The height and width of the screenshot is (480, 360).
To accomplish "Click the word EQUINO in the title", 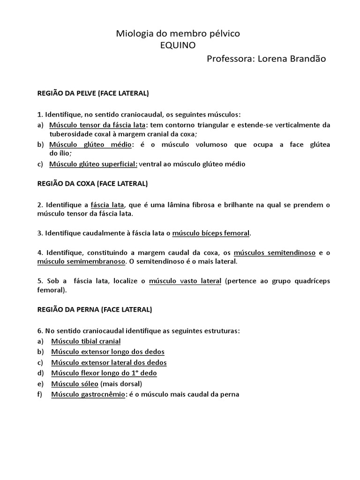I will tap(178, 45).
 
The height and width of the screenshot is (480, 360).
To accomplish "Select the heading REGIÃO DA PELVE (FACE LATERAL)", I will tap(93, 93).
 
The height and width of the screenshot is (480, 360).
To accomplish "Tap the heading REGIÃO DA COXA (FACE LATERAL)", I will tap(92, 183).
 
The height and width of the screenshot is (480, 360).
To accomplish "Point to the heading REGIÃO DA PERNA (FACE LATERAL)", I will tap(94, 309).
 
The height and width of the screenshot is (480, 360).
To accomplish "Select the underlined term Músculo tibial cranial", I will tap(86, 341).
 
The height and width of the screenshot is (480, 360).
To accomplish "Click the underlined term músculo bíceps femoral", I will tap(211, 233).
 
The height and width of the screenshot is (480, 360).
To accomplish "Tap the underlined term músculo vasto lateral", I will tap(185, 281).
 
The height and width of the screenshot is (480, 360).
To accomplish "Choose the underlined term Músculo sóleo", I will tap(72, 384).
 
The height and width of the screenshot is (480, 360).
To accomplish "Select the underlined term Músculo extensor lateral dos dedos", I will tap(109, 362).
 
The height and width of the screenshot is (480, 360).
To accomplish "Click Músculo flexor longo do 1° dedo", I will tap(104, 373).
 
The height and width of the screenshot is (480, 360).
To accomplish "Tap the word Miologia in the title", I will tap(133, 34).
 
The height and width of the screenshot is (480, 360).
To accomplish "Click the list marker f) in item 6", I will tap(40, 394).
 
